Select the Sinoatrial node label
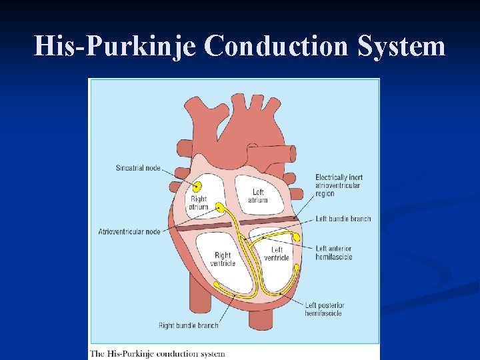pyautogui.click(x=138, y=167)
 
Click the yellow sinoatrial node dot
pyautogui.click(x=197, y=186)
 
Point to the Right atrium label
pyautogui.click(x=199, y=203)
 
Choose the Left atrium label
pyautogui.click(x=258, y=196)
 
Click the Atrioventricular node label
pyautogui.click(x=129, y=231)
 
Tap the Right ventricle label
pyautogui.click(x=223, y=259)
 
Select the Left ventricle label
pyautogui.click(x=276, y=254)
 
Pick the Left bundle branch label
pyautogui.click(x=343, y=219)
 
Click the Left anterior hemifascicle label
pyautogui.click(x=333, y=253)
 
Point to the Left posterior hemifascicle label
pyautogui.click(x=325, y=309)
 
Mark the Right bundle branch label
pyautogui.click(x=189, y=325)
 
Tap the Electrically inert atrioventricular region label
pyautogui.click(x=339, y=185)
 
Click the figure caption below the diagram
pyautogui.click(x=158, y=353)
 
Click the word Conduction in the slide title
pyautogui.click(x=277, y=47)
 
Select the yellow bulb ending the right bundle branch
pyautogui.click(x=217, y=285)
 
